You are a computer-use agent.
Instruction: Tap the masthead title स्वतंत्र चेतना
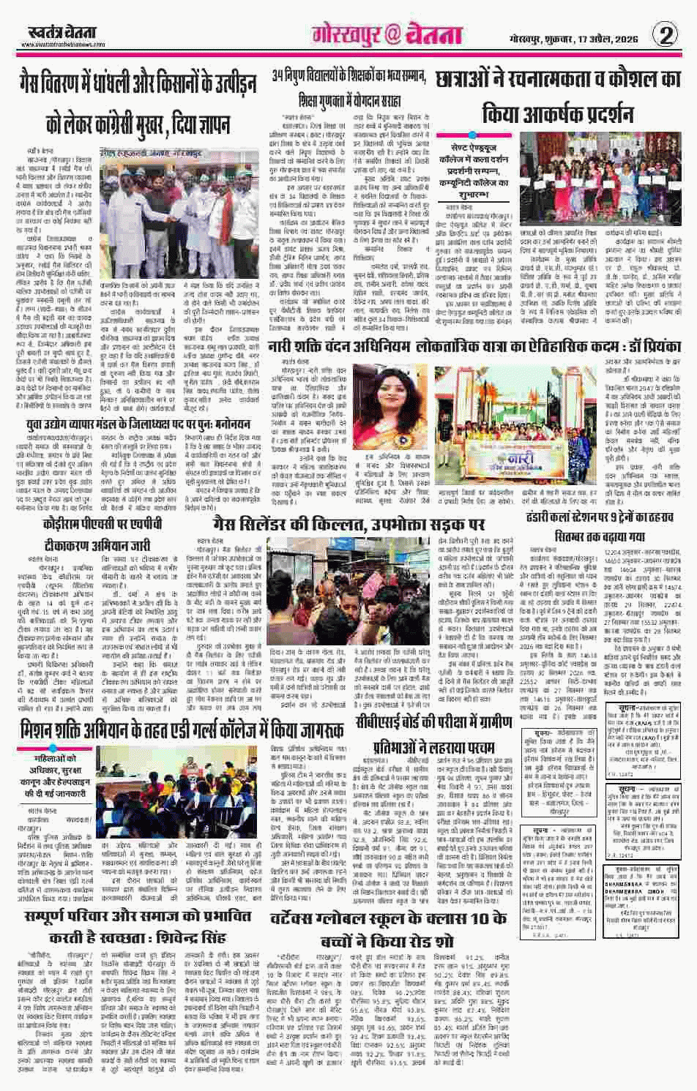point(51,33)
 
